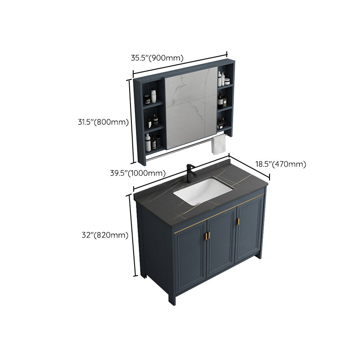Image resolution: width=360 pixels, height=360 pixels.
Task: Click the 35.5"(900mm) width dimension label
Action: coord(157,58)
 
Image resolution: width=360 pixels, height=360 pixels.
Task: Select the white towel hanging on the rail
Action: coord(219,145)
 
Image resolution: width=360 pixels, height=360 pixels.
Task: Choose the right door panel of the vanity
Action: coord(249,232)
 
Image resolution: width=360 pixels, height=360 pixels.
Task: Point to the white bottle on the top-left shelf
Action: coord(153,95)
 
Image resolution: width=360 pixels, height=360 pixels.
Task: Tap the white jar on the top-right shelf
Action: coord(227,81)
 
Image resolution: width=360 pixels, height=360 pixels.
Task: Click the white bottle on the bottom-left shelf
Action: coord(148,142)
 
